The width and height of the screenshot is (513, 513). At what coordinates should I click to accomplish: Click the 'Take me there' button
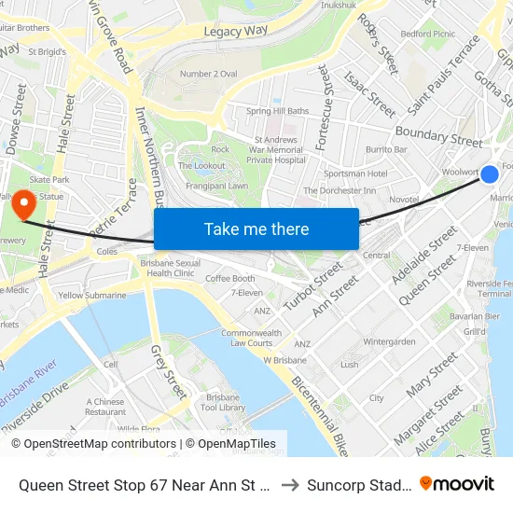(x=256, y=229)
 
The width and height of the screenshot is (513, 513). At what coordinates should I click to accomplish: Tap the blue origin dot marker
(x=489, y=173)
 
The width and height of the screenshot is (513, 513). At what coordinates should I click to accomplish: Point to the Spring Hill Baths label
(x=277, y=111)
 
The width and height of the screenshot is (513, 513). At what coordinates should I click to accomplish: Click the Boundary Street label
(x=438, y=136)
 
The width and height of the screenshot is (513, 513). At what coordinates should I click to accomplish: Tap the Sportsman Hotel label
(x=355, y=173)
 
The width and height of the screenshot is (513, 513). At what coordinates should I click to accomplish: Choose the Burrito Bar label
(x=386, y=149)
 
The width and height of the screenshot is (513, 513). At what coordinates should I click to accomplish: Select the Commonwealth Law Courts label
(x=251, y=338)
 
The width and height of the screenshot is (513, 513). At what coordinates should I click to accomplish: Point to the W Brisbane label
(x=284, y=360)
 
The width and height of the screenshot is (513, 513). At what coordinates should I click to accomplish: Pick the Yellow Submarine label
(x=92, y=295)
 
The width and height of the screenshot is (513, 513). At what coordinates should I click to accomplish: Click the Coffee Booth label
(x=230, y=278)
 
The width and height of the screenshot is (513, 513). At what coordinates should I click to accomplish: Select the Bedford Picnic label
(x=427, y=34)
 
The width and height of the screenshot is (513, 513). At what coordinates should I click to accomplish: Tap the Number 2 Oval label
(x=208, y=74)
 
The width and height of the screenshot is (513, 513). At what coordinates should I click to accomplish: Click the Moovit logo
(x=456, y=483)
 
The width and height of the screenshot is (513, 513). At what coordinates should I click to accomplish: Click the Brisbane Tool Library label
(x=223, y=402)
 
